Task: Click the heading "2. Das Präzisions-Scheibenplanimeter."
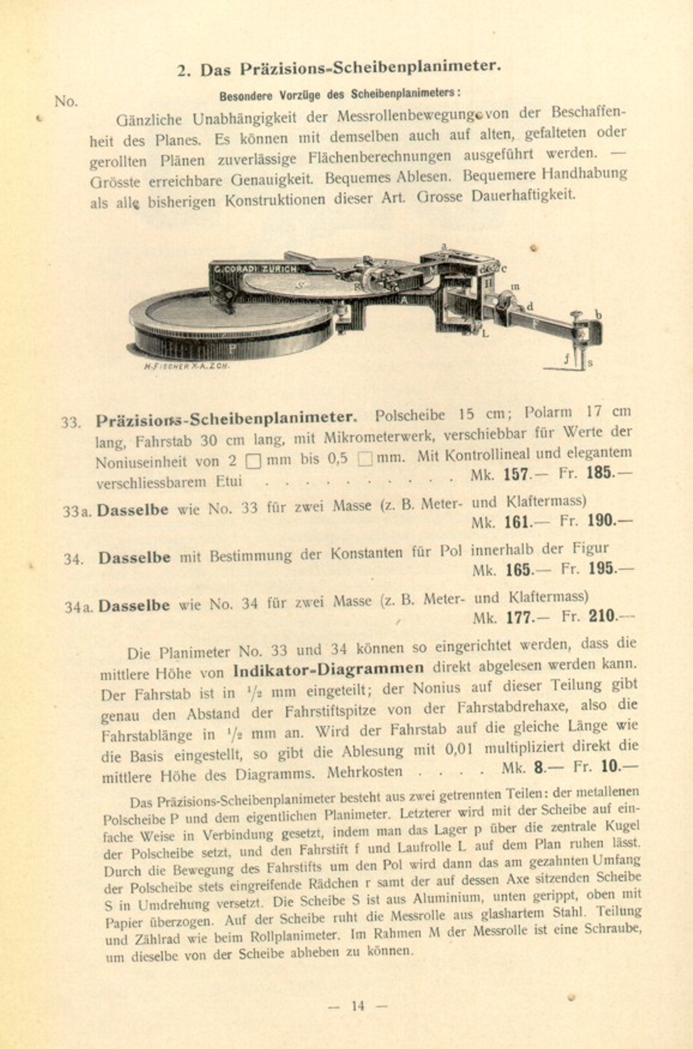[339, 68]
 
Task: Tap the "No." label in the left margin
[67, 101]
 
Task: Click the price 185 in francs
[600, 472]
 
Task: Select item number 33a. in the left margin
[77, 511]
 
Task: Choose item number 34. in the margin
[74, 559]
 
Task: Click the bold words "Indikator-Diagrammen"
[329, 668]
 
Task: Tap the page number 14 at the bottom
[358, 1005]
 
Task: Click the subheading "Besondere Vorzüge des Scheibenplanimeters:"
[339, 95]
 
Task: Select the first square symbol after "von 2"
[253, 462]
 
